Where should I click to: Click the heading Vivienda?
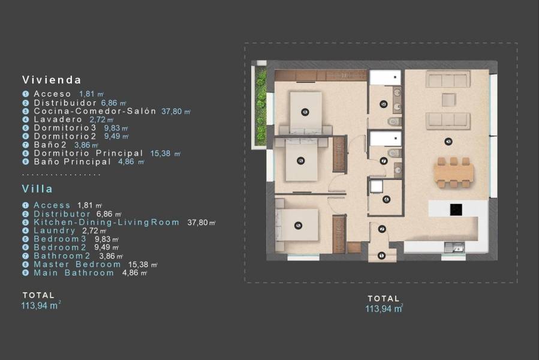52,79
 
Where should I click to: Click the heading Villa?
38,188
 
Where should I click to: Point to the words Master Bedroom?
77,264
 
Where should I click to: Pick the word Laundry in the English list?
55,230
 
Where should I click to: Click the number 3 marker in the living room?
448,142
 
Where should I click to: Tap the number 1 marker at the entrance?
381,256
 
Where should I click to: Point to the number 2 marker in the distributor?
381,229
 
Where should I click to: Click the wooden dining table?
454,173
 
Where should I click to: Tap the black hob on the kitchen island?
456,209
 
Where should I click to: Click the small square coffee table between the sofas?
448,100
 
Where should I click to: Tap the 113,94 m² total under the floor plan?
384,308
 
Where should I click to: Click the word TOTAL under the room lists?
38,295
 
